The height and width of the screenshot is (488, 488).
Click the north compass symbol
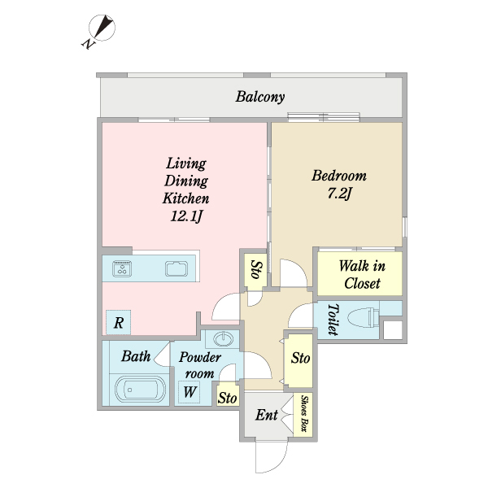(x=101, y=29)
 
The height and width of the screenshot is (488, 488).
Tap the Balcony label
(x=260, y=98)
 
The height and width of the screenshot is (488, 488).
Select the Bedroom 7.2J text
(x=338, y=184)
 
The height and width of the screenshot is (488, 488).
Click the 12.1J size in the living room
(x=186, y=216)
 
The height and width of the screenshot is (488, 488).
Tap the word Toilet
(x=332, y=319)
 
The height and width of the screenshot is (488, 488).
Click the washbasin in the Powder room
(x=224, y=338)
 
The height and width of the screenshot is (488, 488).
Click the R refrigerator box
(x=119, y=323)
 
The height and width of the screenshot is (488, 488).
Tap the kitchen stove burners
(x=124, y=269)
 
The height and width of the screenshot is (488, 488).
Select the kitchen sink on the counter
(x=176, y=269)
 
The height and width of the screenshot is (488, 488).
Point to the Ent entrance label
(x=266, y=416)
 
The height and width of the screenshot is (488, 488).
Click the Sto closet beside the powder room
(x=227, y=398)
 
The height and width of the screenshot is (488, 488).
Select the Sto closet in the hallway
(x=300, y=358)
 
